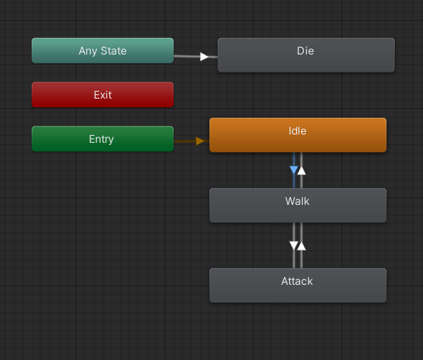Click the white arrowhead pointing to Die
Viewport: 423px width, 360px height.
tap(204, 57)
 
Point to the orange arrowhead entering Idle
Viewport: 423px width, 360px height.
tap(200, 141)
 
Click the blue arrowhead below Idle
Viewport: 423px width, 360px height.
tap(293, 170)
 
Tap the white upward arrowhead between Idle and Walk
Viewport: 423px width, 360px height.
tap(301, 170)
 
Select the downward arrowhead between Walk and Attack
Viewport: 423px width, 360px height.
tap(293, 246)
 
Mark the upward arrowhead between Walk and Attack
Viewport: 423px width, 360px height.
tap(301, 245)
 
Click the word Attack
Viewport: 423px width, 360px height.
tap(297, 281)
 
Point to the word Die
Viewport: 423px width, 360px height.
tap(305, 50)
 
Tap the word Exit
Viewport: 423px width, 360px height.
tap(103, 95)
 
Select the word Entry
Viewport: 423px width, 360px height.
tap(101, 139)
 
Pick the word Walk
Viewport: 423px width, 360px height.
tap(297, 201)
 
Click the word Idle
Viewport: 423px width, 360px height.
tap(298, 130)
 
